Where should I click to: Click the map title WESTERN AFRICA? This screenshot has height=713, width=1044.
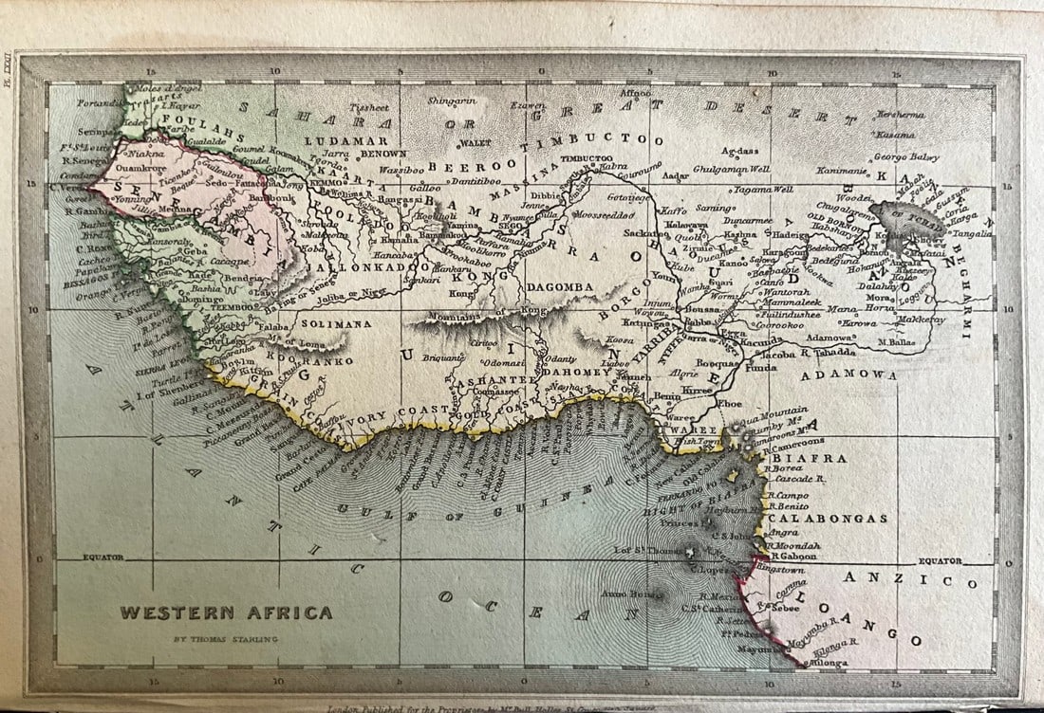226,612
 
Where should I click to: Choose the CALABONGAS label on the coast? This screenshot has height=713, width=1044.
828,519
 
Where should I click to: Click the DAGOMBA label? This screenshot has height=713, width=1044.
559,286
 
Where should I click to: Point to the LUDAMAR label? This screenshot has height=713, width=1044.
333,140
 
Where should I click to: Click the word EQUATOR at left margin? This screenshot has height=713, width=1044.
103,558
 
